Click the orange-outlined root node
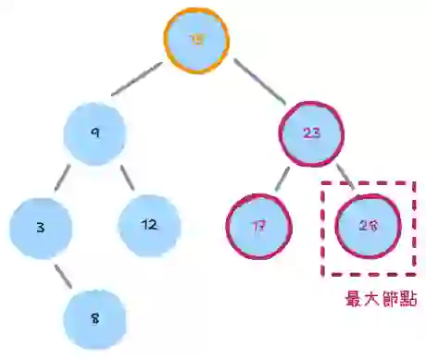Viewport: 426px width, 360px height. [196, 41]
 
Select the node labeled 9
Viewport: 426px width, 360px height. [94, 132]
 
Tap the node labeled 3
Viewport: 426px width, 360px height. [41, 225]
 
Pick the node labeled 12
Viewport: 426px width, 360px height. [149, 225]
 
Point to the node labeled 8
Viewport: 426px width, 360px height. [94, 317]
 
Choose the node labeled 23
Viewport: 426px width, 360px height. [311, 132]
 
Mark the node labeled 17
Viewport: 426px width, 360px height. [258, 225]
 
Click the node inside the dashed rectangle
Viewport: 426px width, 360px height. [367, 225]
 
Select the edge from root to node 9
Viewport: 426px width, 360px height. [139, 81]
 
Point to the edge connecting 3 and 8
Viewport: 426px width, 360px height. [65, 274]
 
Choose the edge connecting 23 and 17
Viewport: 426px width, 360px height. [282, 180]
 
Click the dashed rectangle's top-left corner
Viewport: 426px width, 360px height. [323, 183]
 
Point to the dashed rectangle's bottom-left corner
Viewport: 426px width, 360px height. [323, 274]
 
